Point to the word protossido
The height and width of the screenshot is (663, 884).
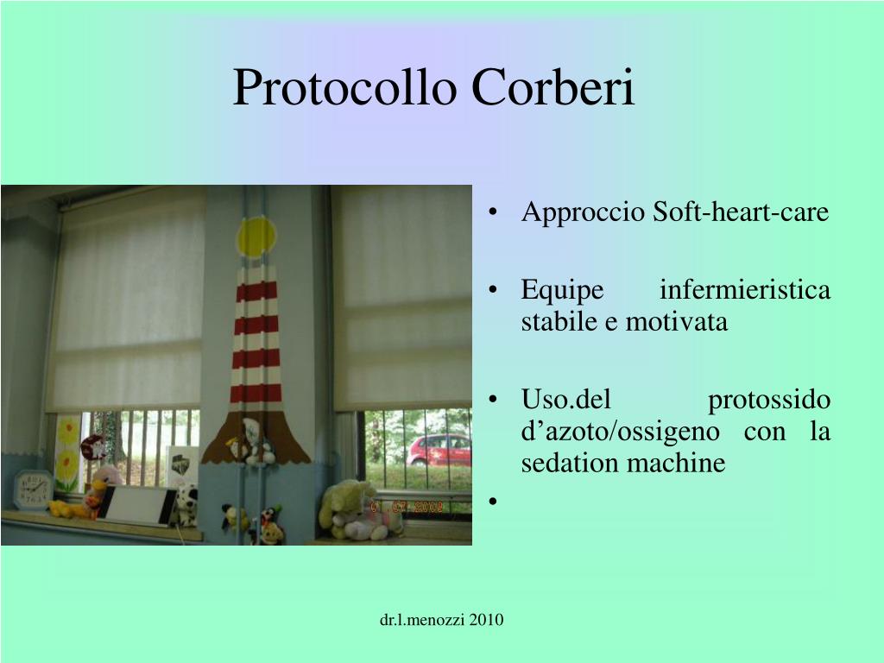pyautogui.click(x=769, y=401)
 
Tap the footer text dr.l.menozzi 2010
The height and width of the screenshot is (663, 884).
pyautogui.click(x=442, y=620)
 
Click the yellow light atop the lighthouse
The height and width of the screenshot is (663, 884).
pyautogui.click(x=256, y=237)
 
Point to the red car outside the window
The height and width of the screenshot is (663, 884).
pyautogui.click(x=439, y=450)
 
